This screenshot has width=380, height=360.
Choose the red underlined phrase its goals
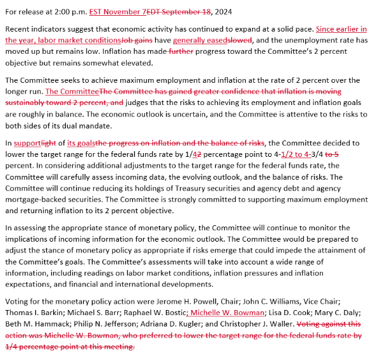[82, 143]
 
